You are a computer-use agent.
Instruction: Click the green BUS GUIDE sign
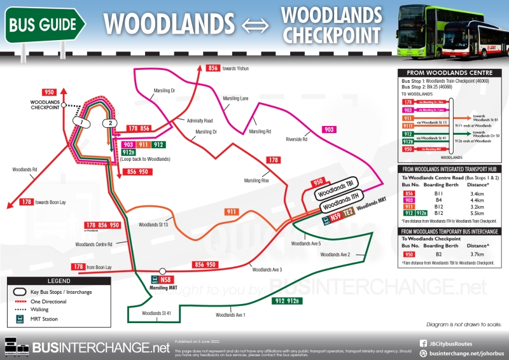click(45, 24)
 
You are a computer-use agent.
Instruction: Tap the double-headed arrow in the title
click(256, 24)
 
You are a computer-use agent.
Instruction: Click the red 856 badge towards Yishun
click(213, 68)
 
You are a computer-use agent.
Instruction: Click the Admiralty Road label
click(200, 120)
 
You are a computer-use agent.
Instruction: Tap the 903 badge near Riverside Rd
click(329, 130)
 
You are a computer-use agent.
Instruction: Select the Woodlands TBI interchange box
click(337, 190)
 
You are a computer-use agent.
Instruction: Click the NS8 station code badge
click(166, 279)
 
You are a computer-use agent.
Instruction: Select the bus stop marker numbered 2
click(111, 123)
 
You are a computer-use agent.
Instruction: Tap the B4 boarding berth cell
click(438, 200)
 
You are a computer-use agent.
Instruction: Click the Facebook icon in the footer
click(423, 343)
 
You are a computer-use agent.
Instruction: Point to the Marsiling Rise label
click(256, 181)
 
